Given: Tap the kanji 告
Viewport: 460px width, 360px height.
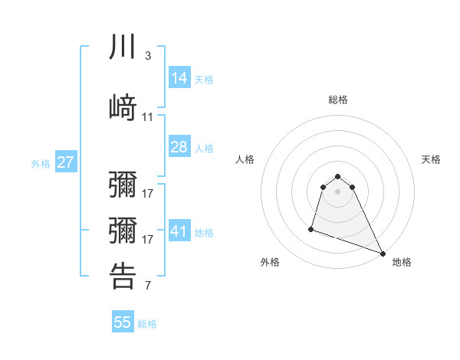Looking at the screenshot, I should (123, 276).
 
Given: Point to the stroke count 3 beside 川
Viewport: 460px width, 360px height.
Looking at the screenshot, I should (147, 56).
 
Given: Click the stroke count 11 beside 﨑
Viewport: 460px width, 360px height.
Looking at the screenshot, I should (148, 117).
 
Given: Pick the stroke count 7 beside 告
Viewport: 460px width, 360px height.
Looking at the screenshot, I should (147, 286).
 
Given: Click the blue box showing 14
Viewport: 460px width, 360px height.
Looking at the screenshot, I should (179, 77).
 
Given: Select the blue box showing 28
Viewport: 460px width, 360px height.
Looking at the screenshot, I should (179, 147).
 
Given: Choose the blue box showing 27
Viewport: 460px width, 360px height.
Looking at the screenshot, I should (65, 162).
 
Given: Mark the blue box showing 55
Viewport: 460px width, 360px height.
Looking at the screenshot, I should (123, 322).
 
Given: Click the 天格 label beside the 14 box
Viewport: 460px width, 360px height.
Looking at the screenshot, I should (204, 79).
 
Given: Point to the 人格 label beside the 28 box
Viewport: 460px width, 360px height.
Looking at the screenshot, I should (204, 149).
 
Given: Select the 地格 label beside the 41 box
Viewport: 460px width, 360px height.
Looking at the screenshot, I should (204, 233).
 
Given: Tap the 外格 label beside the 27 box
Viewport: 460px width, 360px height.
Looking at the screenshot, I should (41, 164).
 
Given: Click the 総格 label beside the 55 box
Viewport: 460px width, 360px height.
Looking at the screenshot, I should (147, 324).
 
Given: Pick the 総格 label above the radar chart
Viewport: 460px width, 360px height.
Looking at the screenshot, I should (338, 100).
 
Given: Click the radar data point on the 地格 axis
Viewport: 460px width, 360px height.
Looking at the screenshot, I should (383, 254).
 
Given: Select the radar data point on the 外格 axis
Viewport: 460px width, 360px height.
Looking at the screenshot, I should (311, 228).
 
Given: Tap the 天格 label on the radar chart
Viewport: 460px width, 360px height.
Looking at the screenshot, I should (431, 159).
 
